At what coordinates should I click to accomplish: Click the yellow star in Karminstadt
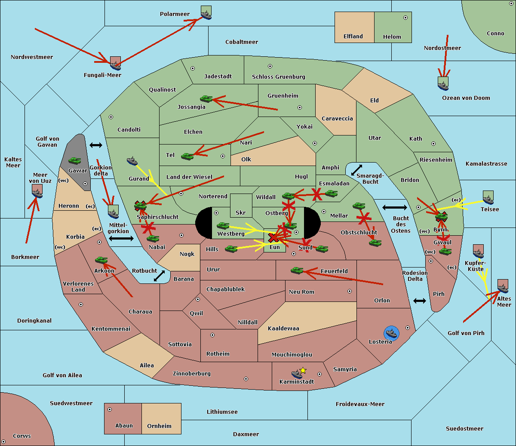coord(303,370)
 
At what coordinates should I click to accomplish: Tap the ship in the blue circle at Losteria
coord(391,333)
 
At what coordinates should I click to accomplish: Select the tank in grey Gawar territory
coord(75,160)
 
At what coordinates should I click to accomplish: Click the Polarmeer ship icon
coord(206,13)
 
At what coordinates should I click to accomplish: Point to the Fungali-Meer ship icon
coord(115,63)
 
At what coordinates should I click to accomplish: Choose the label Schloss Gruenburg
coord(278,77)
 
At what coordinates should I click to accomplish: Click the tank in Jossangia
coord(206,99)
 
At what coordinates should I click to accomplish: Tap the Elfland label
coord(353,37)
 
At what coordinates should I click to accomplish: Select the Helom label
coord(392,37)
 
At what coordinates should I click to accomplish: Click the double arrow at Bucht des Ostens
coord(394,208)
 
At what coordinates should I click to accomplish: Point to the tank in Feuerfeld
coord(297,270)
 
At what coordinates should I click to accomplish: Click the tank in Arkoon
coord(101,260)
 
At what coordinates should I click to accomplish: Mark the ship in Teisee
coord(488,198)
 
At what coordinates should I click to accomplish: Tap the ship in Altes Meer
coord(503,286)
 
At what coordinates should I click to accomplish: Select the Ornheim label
coord(159,426)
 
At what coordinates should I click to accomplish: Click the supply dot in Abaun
coord(110,409)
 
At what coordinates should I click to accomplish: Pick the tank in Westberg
coord(223,225)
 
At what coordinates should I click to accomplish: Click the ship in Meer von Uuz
coord(37,191)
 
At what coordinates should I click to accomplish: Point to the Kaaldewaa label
coord(283,329)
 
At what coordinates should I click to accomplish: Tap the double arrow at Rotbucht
coord(159,276)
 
